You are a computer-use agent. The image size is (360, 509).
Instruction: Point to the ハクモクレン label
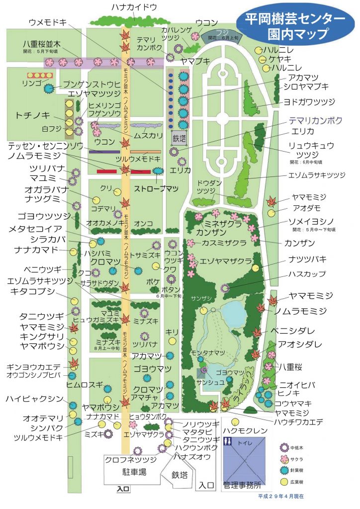tap(245, 430)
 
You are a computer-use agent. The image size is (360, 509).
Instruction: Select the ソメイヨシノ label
tap(311, 221)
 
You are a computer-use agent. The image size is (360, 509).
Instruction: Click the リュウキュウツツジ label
tap(311, 150)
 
